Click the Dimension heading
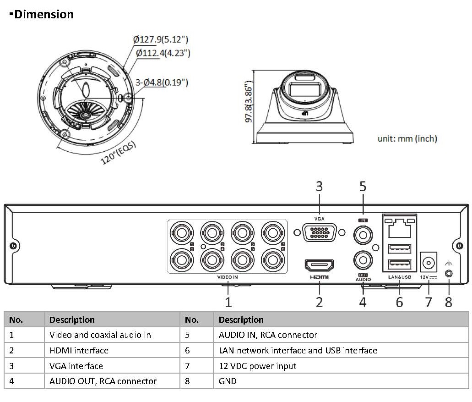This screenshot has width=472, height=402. tap(44, 15)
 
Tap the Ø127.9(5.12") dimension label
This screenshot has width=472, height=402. tap(160, 39)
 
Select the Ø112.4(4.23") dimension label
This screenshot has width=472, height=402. tap(163, 53)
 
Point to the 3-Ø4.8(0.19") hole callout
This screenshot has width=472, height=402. tap(162, 82)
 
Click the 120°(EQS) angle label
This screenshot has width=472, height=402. tap(118, 153)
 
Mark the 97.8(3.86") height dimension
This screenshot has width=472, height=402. tap(249, 101)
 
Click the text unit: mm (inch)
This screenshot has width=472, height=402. tap(407, 138)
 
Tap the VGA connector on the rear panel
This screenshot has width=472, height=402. tap(320, 233)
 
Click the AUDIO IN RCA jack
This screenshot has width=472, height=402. tap(363, 235)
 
